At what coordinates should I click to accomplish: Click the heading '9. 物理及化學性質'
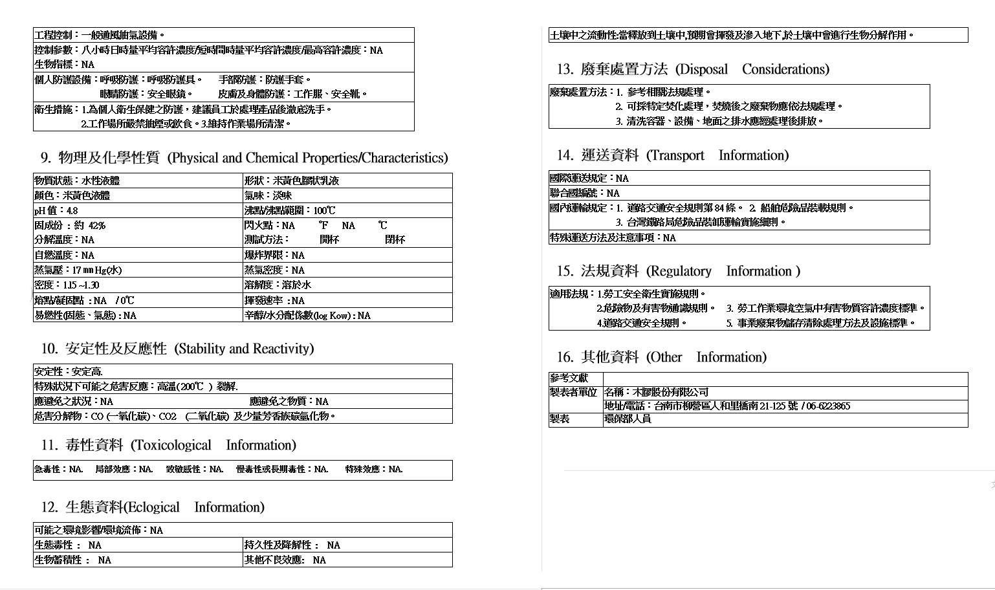(x=100, y=158)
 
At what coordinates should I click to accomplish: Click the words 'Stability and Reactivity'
(x=245, y=349)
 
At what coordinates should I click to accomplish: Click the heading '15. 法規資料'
(x=598, y=271)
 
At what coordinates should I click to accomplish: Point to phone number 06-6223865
(x=828, y=406)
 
